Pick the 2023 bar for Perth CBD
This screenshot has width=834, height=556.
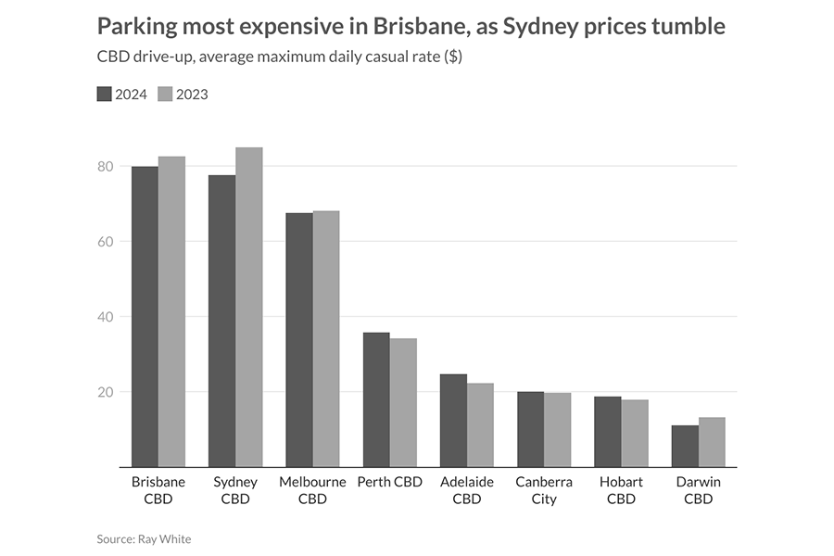403,403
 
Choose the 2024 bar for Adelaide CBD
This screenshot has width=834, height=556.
453,421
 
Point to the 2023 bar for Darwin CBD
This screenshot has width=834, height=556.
711,443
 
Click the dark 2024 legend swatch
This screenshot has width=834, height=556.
104,94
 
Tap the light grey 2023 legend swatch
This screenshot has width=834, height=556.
166,94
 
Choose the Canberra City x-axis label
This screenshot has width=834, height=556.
544,490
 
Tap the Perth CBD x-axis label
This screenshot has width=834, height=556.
389,482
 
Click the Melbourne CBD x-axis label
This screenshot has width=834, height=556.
312,490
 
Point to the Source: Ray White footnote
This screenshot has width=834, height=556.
144,538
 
